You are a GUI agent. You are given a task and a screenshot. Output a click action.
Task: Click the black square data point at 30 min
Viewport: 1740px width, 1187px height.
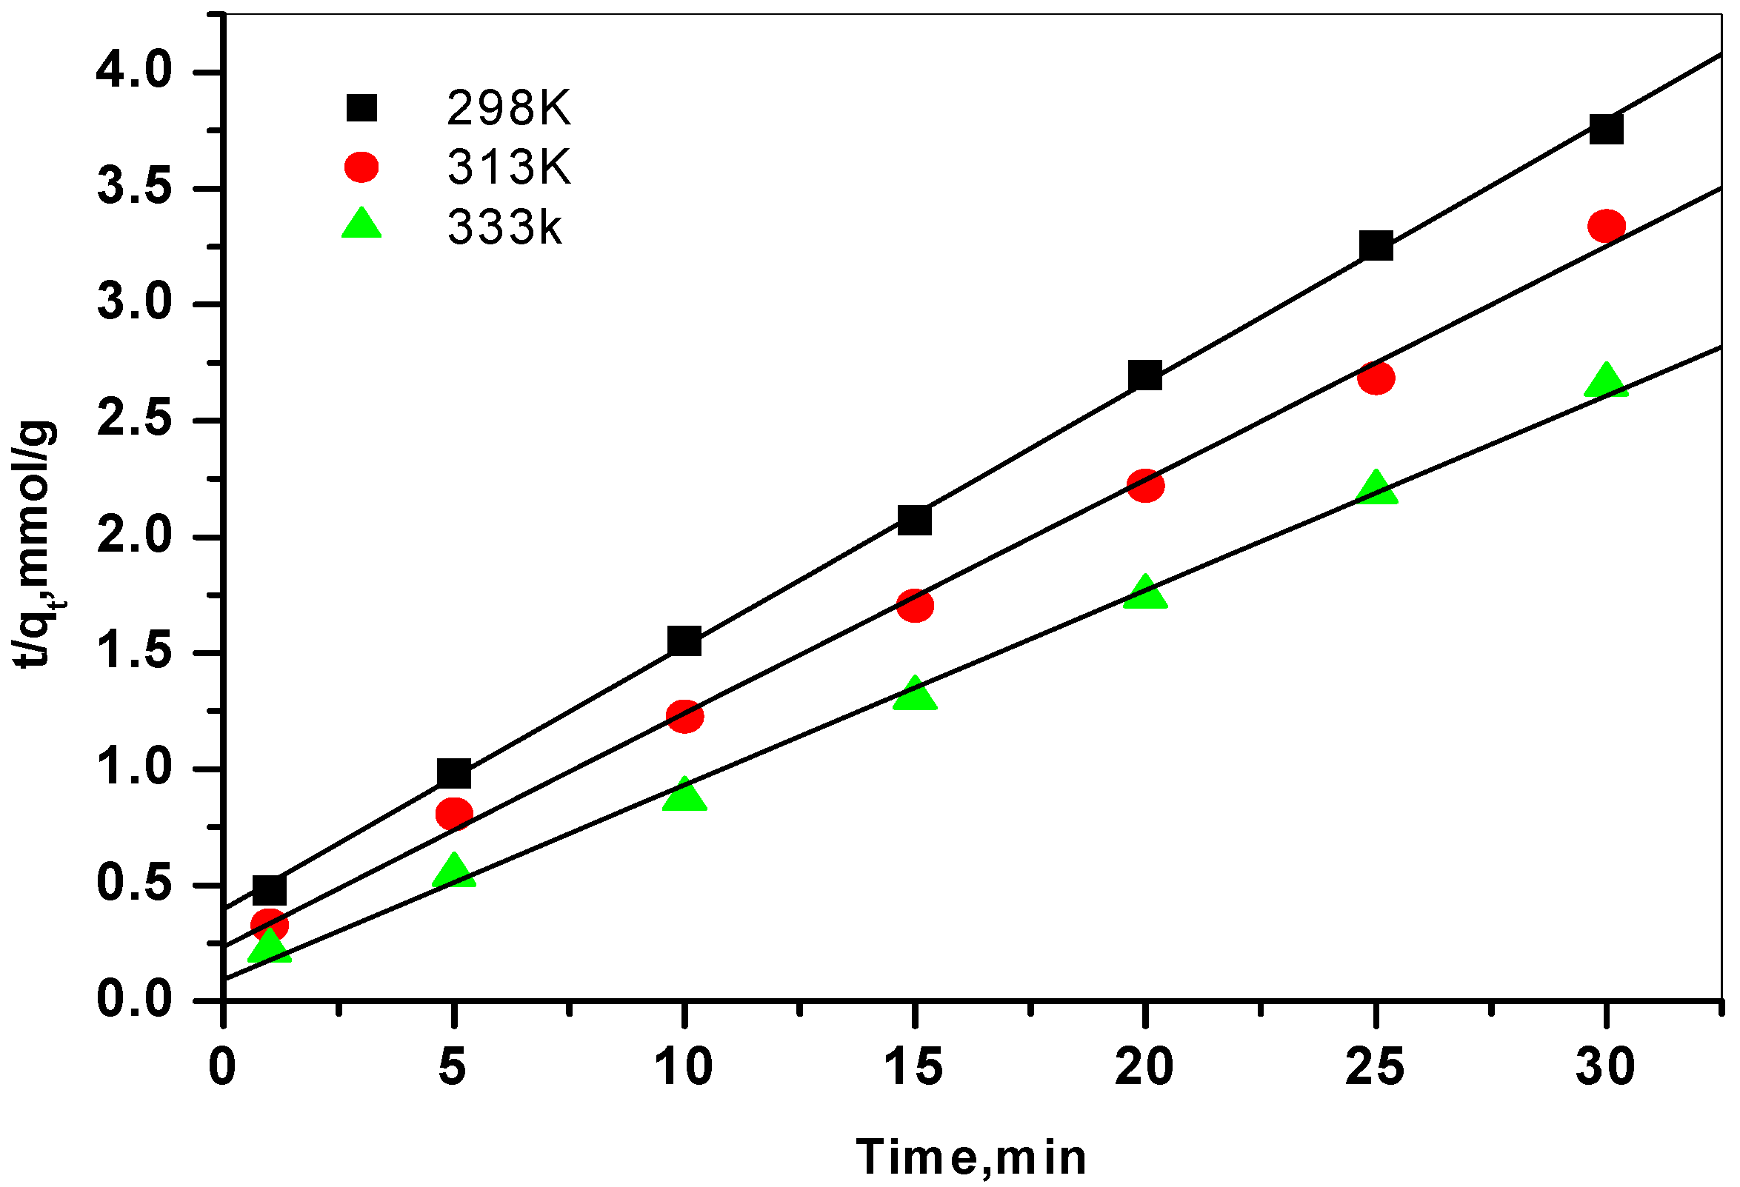(1605, 129)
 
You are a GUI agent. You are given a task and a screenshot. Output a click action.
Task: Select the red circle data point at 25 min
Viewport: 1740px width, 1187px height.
(1376, 378)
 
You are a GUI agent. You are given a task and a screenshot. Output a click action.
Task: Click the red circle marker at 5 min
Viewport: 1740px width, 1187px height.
(454, 814)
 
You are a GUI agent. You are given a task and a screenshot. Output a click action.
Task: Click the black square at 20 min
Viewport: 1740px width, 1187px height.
(1144, 375)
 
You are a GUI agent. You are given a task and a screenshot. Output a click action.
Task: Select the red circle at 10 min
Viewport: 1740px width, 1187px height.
(684, 717)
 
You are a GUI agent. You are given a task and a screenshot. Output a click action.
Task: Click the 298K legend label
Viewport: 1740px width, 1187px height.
(508, 110)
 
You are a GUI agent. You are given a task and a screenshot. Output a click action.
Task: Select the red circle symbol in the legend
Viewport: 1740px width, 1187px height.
(361, 167)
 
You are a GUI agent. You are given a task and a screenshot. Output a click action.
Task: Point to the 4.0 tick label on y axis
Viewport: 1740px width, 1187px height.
(134, 72)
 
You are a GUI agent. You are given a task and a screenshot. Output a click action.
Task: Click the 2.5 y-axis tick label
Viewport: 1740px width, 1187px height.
(134, 421)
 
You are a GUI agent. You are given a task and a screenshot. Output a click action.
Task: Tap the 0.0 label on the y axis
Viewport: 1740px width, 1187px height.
(134, 1000)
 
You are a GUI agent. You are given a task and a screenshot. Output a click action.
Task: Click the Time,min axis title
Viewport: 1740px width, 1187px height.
(970, 1158)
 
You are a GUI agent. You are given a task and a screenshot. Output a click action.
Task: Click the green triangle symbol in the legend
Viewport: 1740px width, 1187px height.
(361, 224)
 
